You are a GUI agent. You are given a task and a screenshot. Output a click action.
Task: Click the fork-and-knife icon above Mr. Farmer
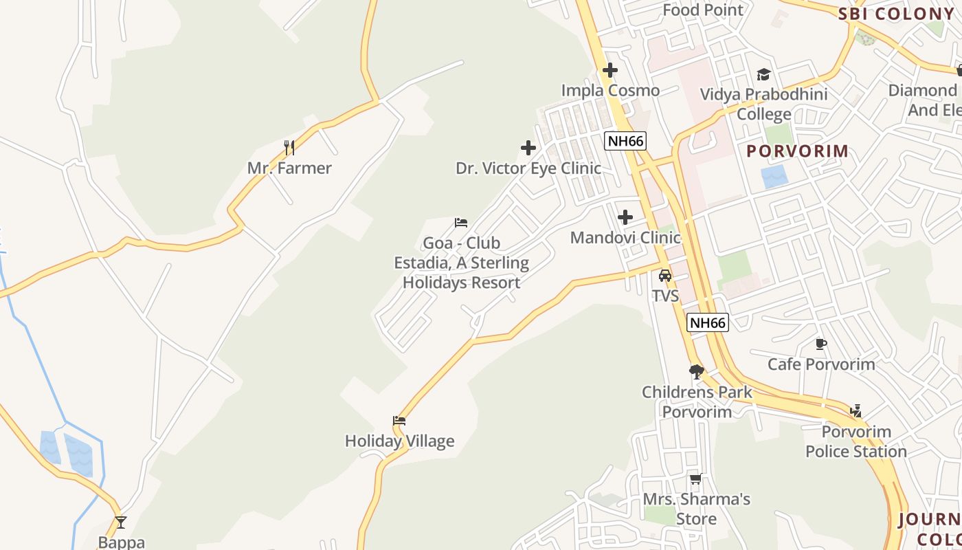(x=289, y=147)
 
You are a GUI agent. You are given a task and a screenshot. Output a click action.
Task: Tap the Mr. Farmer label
(x=289, y=168)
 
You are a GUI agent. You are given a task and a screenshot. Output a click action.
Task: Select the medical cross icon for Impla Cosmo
(x=610, y=70)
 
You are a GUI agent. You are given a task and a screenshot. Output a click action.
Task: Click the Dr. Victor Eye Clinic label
(x=528, y=168)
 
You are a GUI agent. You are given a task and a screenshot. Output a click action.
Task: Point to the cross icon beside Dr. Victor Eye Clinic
(x=528, y=148)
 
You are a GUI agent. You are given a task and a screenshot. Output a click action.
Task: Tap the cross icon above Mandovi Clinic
(x=625, y=217)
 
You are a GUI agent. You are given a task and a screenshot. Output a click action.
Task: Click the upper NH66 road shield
(x=625, y=141)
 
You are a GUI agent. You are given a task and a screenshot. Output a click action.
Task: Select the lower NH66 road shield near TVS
(x=708, y=322)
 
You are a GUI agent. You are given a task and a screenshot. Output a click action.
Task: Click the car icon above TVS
(x=665, y=276)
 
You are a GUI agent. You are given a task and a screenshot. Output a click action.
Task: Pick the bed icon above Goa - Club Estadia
(x=461, y=222)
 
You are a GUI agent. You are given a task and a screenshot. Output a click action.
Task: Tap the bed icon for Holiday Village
(x=399, y=420)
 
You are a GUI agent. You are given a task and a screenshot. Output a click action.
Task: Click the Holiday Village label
(x=399, y=441)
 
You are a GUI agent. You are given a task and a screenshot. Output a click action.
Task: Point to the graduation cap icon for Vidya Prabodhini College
(x=763, y=74)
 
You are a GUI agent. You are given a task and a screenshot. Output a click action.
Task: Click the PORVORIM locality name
(x=797, y=151)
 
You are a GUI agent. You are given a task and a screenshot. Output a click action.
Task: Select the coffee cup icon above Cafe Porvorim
(x=820, y=343)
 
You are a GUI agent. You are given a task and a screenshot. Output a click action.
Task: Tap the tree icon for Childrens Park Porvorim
(x=697, y=372)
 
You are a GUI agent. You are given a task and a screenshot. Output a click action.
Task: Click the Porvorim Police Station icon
(x=855, y=411)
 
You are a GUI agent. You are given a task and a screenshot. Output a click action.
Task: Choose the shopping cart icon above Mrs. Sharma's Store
(x=696, y=479)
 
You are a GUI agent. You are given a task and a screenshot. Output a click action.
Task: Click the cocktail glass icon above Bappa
(x=121, y=522)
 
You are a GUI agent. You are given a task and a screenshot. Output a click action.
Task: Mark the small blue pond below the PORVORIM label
(x=774, y=177)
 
